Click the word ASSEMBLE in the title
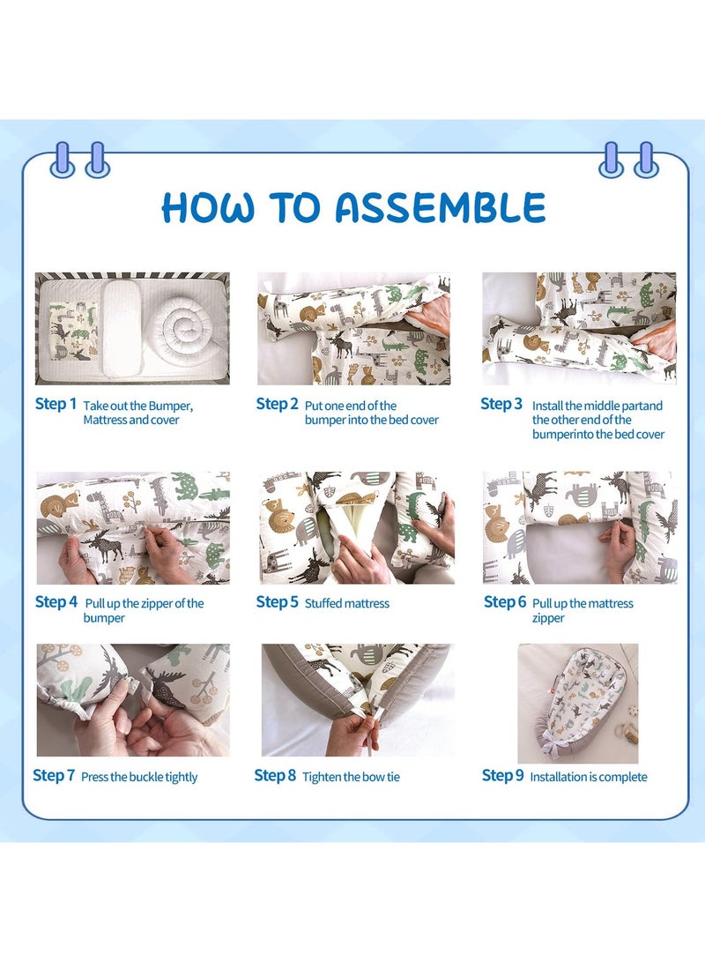[440, 207]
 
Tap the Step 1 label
[56, 404]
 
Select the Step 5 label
[277, 602]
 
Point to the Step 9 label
[502, 775]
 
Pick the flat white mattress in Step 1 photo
[126, 328]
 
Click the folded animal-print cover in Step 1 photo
[73, 332]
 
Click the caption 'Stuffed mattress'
[347, 603]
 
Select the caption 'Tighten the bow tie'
[352, 777]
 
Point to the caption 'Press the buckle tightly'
[139, 777]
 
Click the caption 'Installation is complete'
[589, 777]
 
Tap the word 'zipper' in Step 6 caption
[548, 618]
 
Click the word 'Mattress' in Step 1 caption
[106, 420]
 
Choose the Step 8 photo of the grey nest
[358, 700]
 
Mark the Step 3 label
[501, 404]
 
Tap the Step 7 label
[54, 775]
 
